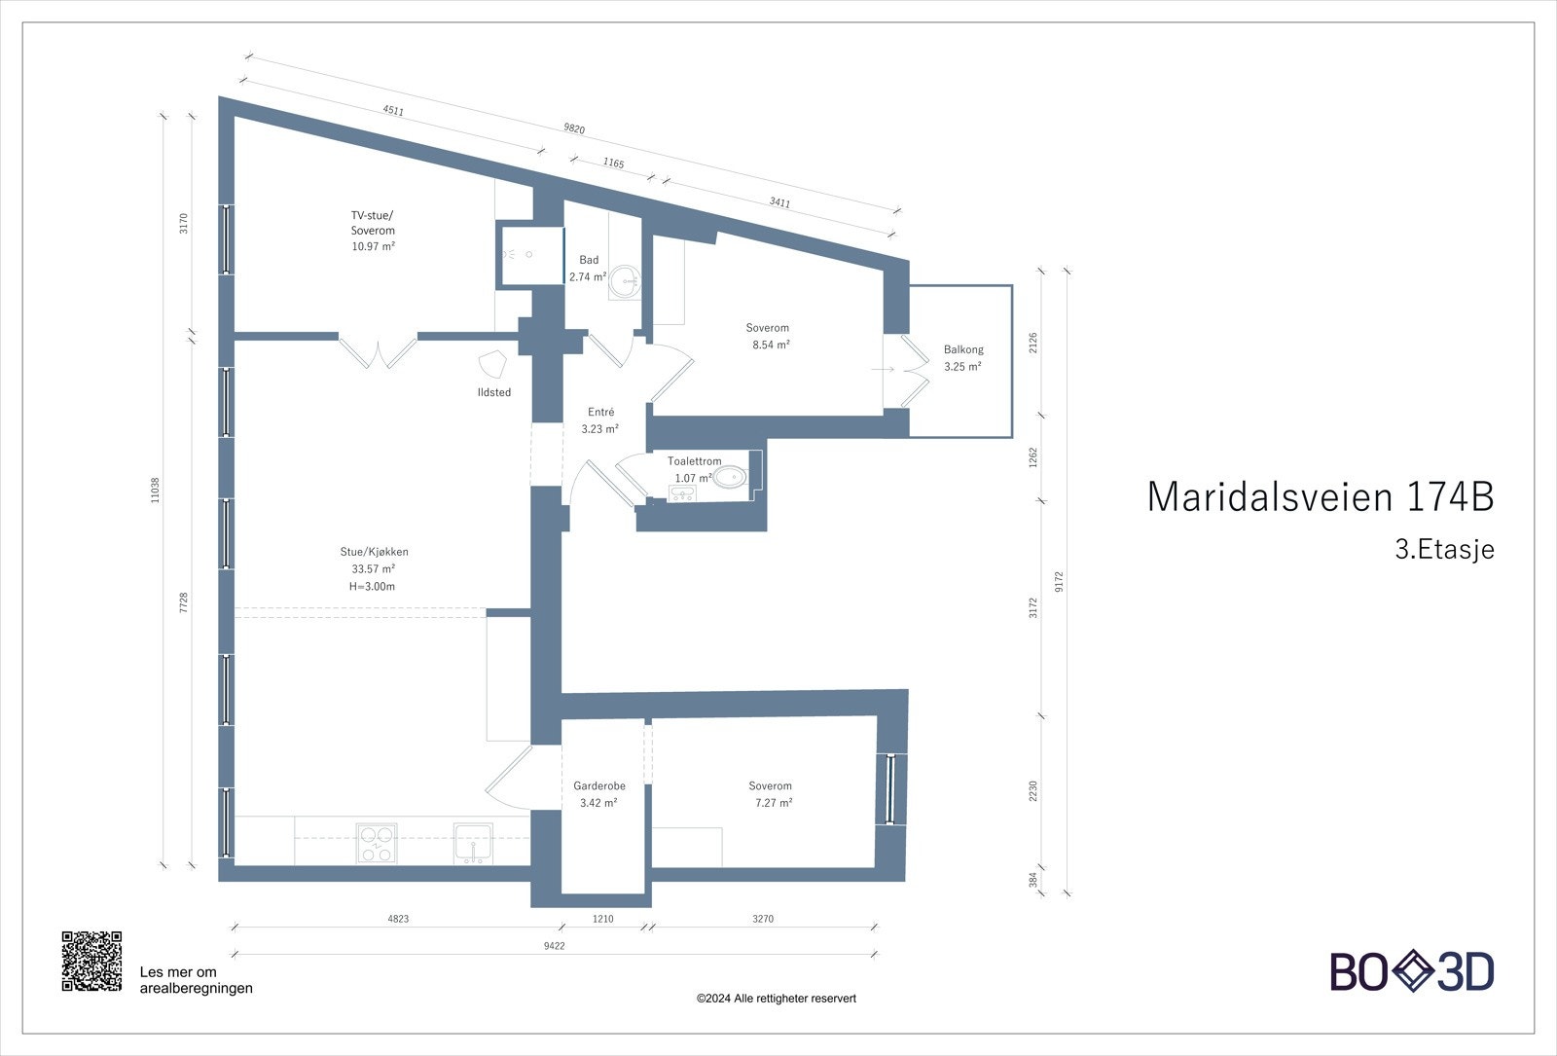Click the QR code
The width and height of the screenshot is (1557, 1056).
pos(92,962)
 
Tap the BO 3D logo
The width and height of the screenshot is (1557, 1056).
pos(1412,971)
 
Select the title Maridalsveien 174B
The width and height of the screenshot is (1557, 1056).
pos(1320,496)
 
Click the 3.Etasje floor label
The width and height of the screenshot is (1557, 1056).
pos(1444,550)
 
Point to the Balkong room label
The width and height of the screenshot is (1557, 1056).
pos(963,349)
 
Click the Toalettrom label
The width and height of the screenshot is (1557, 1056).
pos(694,461)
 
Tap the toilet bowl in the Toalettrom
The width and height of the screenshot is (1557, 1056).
pos(730,477)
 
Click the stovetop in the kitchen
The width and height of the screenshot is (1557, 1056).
pos(376,843)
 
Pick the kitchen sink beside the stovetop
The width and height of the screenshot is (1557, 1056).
pos(473,842)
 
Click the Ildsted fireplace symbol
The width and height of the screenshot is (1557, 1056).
pos(494,364)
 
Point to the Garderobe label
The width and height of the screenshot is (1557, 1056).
pos(599,785)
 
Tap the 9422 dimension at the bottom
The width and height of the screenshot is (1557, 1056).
pos(555,945)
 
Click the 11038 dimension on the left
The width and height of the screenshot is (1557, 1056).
pos(155,490)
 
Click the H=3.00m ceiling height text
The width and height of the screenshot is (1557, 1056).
pos(372,587)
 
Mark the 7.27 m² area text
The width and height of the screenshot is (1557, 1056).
pos(774,803)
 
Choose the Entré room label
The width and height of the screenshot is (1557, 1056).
pos(600,413)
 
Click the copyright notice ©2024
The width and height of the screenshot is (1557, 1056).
pos(776,999)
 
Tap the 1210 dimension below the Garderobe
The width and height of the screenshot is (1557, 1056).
pos(603,919)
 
